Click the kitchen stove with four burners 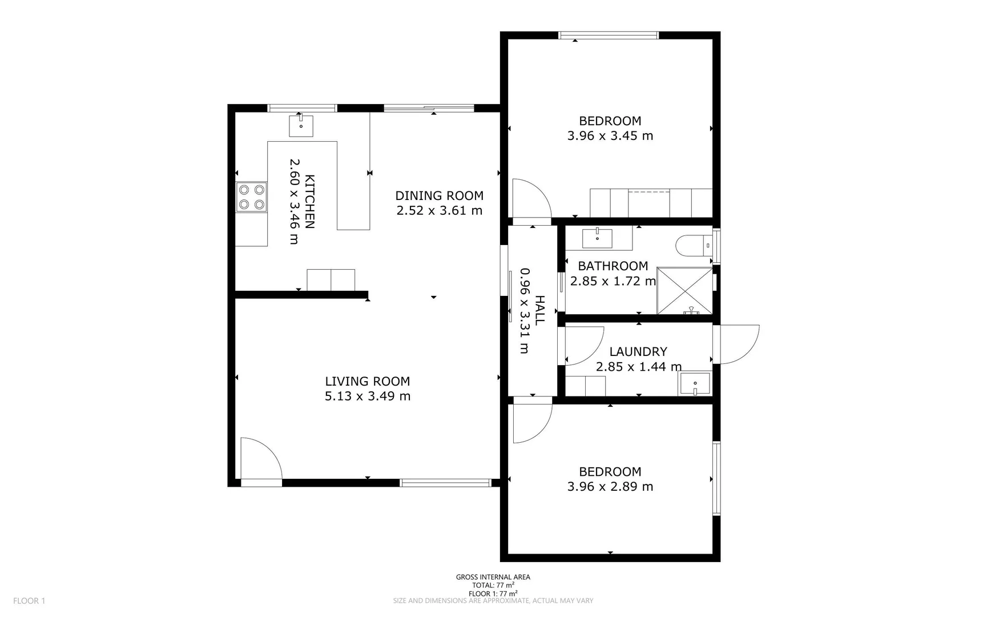click(x=252, y=197)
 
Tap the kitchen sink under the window click(x=301, y=126)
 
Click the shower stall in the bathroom click(x=684, y=290)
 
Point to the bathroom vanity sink click(x=597, y=238)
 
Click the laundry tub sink click(x=694, y=384)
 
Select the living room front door click(x=260, y=462)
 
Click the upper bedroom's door click(x=531, y=200)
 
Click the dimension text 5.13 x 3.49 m click(x=368, y=396)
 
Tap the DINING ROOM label click(x=439, y=196)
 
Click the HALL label click(x=539, y=310)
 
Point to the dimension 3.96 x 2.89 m click(x=610, y=487)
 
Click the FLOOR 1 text click(x=29, y=600)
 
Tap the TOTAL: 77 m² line click(x=493, y=586)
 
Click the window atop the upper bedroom click(x=609, y=35)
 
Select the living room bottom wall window click(x=445, y=483)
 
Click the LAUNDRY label click(x=638, y=352)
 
